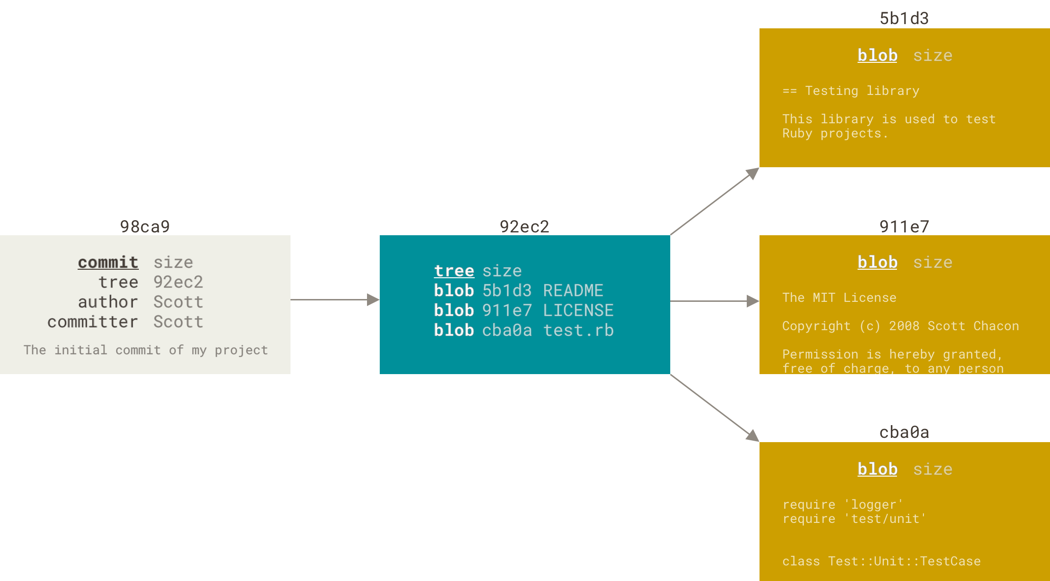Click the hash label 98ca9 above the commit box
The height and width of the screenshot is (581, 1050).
tap(145, 227)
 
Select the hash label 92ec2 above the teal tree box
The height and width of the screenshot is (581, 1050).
tap(524, 227)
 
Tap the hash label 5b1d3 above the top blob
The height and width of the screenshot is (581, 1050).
tap(904, 19)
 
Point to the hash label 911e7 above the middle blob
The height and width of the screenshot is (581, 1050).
tap(904, 227)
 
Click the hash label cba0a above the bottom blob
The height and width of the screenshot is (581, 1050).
tap(904, 433)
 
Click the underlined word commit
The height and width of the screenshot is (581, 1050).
tap(108, 263)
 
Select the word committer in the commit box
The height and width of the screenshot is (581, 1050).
tap(93, 322)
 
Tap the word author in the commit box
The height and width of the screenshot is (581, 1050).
tap(108, 302)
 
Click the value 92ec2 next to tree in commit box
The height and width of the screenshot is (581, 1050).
tap(178, 282)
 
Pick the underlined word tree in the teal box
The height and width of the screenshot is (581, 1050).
tap(454, 271)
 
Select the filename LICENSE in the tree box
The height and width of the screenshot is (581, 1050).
tap(578, 311)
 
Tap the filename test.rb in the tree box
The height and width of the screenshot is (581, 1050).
tap(578, 331)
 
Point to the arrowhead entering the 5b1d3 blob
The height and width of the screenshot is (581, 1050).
tap(752, 173)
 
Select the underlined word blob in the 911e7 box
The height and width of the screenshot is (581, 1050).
tap(877, 263)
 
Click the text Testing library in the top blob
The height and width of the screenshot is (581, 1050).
tap(862, 91)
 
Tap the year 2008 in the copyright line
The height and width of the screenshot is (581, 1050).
tap(904, 326)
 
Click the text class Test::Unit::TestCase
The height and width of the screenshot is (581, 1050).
tap(881, 561)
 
